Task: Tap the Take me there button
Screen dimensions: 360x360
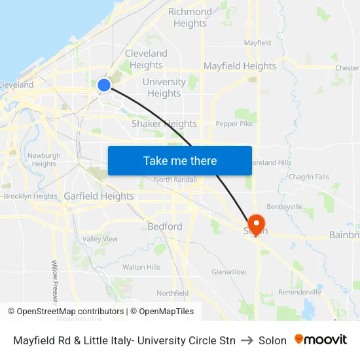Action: tap(180, 160)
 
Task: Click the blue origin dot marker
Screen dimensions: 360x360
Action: tap(103, 85)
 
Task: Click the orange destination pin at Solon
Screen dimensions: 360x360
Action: tap(255, 224)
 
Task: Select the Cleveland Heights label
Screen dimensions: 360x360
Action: tap(146, 59)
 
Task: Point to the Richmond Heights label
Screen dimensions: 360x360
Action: tap(190, 17)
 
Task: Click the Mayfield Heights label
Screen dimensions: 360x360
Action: tap(240, 66)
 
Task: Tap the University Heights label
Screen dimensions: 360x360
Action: tap(164, 87)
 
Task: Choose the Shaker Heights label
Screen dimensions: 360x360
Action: tap(164, 124)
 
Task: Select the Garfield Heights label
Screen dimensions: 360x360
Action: tap(99, 196)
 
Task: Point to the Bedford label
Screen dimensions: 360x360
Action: tap(165, 226)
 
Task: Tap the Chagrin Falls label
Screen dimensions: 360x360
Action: tap(309, 177)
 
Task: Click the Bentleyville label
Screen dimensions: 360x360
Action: tap(285, 206)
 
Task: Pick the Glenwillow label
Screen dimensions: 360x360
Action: tap(229, 272)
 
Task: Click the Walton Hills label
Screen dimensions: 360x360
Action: tap(141, 267)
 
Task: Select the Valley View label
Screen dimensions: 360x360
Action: tap(100, 239)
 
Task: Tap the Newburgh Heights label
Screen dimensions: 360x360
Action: tap(44, 160)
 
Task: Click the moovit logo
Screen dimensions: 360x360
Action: tap(321, 340)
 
